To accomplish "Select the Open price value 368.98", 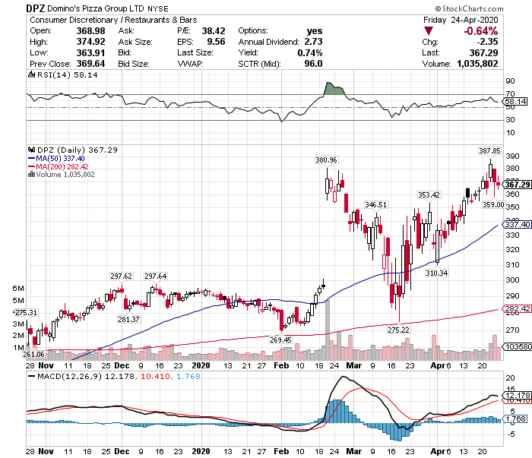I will click(66, 31).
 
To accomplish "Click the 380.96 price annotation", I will click(326, 160).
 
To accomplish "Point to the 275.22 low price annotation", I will click(398, 330).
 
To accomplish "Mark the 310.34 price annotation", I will click(436, 272).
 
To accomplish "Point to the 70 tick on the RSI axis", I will click(508, 94).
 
